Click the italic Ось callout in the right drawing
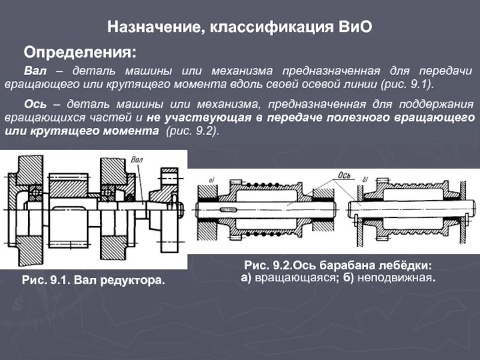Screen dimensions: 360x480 point(344,175)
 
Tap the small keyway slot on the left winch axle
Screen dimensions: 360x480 point(229,209)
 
